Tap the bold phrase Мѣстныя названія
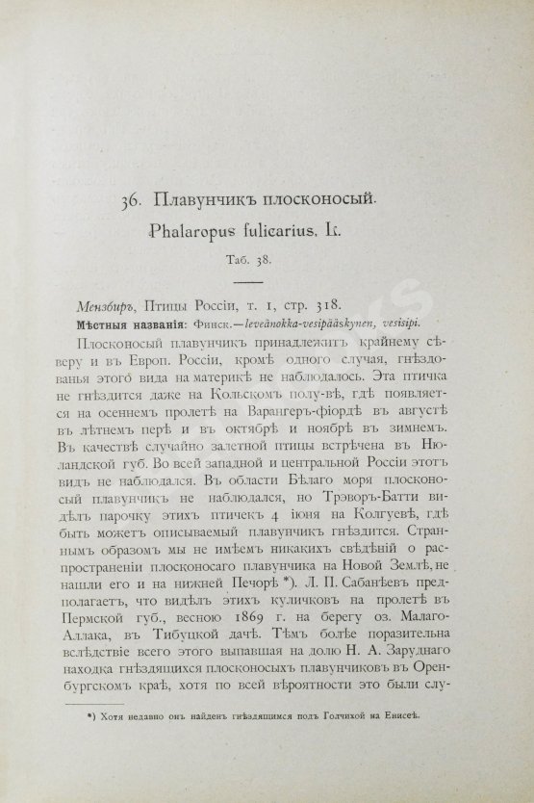tap(133, 323)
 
